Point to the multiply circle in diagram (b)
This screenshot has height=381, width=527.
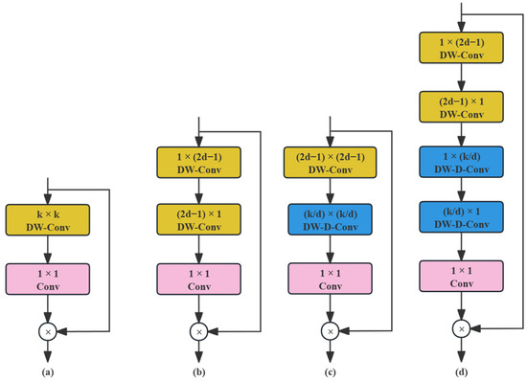197,331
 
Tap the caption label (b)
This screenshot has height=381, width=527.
197,369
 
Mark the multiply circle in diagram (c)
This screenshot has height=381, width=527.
330,331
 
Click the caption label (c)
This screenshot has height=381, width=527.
330,369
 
